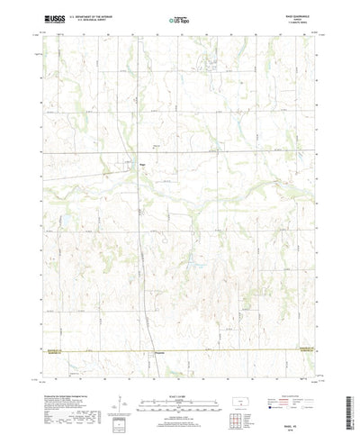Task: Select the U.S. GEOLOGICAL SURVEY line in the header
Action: pyautogui.click(x=94, y=20)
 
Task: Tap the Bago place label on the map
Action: pyautogui.click(x=142, y=165)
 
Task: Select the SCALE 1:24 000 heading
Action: pyautogui.click(x=180, y=369)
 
